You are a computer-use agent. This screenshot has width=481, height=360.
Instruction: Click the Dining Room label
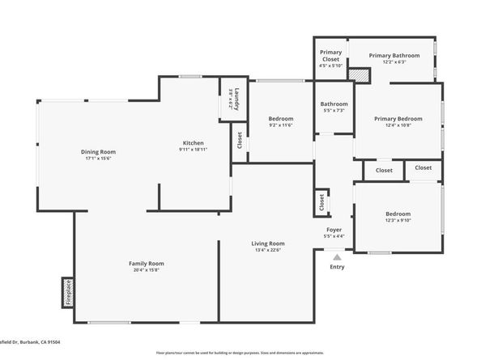pos(98,152)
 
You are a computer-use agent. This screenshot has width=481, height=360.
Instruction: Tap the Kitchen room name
pos(193,143)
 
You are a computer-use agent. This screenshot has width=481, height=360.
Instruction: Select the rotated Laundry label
pos(230,99)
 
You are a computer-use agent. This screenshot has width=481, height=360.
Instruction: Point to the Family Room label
pos(147,264)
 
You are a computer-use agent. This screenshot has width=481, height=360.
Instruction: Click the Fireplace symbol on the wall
pos(67,293)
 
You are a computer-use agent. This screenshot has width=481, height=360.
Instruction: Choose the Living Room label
pos(267,244)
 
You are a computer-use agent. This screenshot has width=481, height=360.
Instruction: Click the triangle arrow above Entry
pos(337,256)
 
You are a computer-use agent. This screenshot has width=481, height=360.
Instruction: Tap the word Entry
pos(337,267)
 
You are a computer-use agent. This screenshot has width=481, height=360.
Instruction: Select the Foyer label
pos(333,230)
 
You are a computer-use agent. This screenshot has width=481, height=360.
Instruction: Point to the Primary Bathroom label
pos(394,56)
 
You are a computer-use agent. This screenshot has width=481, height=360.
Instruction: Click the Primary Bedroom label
pos(398,119)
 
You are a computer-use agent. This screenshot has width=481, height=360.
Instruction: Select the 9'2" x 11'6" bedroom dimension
pos(280,125)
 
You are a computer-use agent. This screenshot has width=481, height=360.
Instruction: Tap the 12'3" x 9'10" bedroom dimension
pos(398,220)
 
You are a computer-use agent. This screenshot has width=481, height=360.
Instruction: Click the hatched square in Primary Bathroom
pos(359,74)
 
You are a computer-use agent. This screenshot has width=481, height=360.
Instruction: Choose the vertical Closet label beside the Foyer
pos(321,202)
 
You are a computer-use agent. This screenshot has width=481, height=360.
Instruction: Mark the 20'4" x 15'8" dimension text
pos(147,270)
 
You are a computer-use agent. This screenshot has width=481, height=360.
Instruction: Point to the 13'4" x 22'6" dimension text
pos(267,250)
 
